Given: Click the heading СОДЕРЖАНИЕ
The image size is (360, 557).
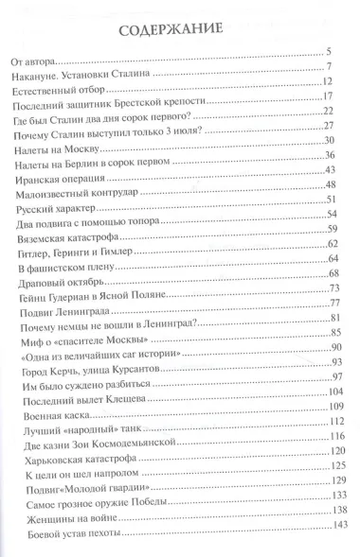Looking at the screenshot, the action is [x=179, y=30].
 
